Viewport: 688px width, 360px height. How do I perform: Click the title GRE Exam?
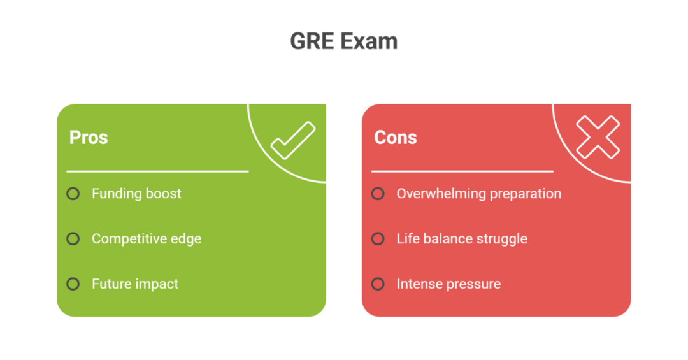(x=343, y=41)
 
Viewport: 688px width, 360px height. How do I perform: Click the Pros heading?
(x=89, y=138)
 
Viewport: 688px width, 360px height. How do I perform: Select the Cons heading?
(x=395, y=138)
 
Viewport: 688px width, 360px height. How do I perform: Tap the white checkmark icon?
(x=293, y=140)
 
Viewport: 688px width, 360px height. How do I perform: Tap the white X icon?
(x=598, y=137)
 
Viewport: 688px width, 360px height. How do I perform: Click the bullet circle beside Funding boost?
(x=73, y=194)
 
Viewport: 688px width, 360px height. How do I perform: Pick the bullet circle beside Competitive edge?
(x=73, y=239)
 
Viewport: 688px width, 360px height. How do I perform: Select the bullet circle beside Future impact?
(x=73, y=284)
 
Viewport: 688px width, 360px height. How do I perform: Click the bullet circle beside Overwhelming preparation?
(x=378, y=194)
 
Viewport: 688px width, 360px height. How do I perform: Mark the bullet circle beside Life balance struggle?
(x=378, y=239)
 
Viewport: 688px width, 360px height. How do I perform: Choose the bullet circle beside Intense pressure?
(x=378, y=284)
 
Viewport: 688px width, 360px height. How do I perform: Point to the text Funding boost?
(x=136, y=194)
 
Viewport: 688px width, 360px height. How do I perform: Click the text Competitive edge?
(x=147, y=239)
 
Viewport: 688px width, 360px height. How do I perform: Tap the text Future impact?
(x=135, y=284)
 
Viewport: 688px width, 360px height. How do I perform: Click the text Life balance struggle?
(x=462, y=239)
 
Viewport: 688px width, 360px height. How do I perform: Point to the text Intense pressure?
(x=448, y=284)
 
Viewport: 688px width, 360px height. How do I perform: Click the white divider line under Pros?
(x=157, y=171)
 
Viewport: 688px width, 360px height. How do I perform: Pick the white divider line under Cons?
(x=462, y=171)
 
